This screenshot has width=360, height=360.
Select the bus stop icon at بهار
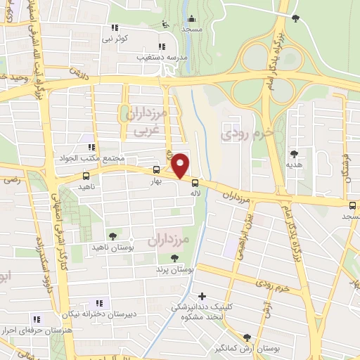[x=156, y=169]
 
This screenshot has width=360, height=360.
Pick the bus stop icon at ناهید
[x=86, y=176]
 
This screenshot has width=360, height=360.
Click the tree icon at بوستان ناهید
[x=112, y=236]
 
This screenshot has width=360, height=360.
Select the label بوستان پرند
[x=174, y=269]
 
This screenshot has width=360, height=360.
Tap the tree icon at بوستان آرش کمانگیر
[x=247, y=337]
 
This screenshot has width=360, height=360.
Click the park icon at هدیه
[x=294, y=154]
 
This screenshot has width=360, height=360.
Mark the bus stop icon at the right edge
[x=353, y=205]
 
